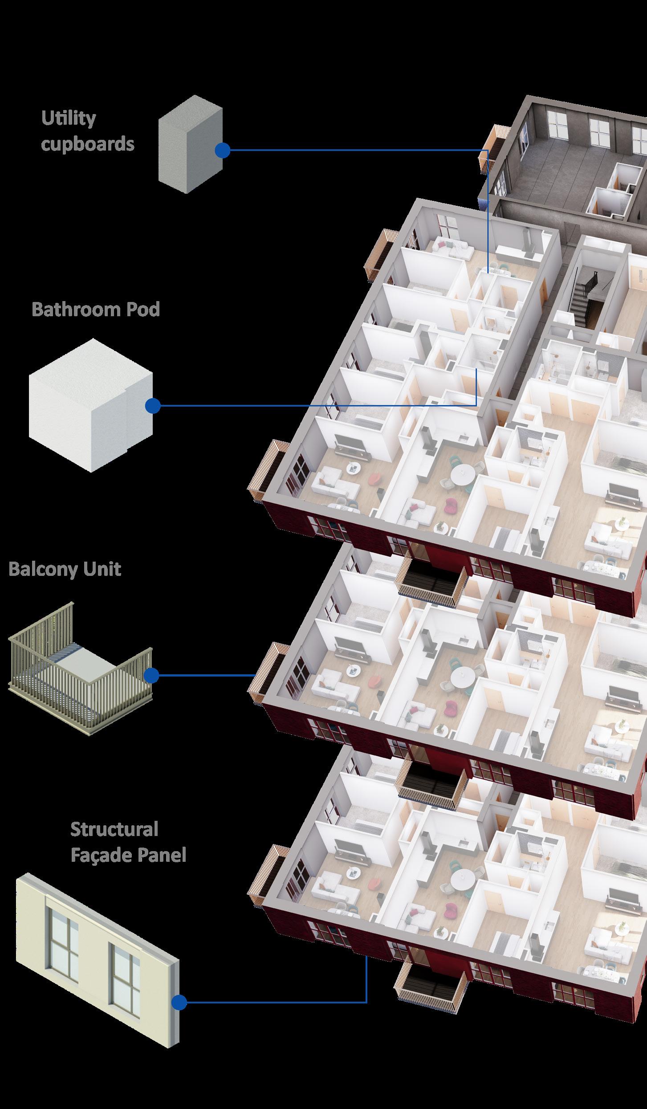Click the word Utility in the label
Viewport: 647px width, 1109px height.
point(68,119)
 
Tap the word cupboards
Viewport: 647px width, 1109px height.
point(87,144)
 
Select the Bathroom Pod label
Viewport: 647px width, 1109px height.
point(96,309)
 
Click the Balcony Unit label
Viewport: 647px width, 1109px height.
point(65,570)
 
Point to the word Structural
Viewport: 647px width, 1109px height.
point(114,829)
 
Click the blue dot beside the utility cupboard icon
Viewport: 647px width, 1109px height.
point(222,151)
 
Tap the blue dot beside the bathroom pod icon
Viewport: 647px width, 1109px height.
point(153,406)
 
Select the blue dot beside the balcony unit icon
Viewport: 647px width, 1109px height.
point(151,675)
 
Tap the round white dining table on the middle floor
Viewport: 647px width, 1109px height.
point(462,677)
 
